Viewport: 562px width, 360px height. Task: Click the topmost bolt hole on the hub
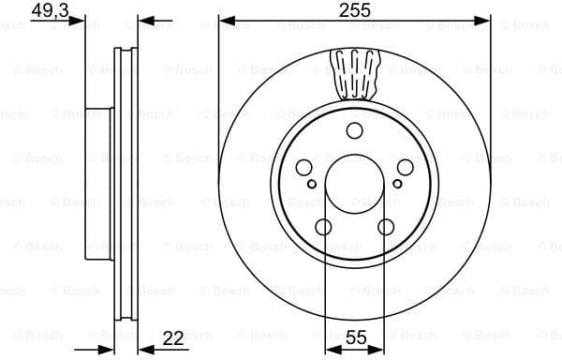pyautogui.click(x=354, y=131)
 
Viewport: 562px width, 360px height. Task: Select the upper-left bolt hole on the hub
pyautogui.click(x=304, y=167)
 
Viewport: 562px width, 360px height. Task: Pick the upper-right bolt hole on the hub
pyautogui.click(x=405, y=167)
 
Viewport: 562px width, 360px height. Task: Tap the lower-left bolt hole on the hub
pyautogui.click(x=323, y=226)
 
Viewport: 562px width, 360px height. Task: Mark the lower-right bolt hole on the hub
pyautogui.click(x=385, y=226)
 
